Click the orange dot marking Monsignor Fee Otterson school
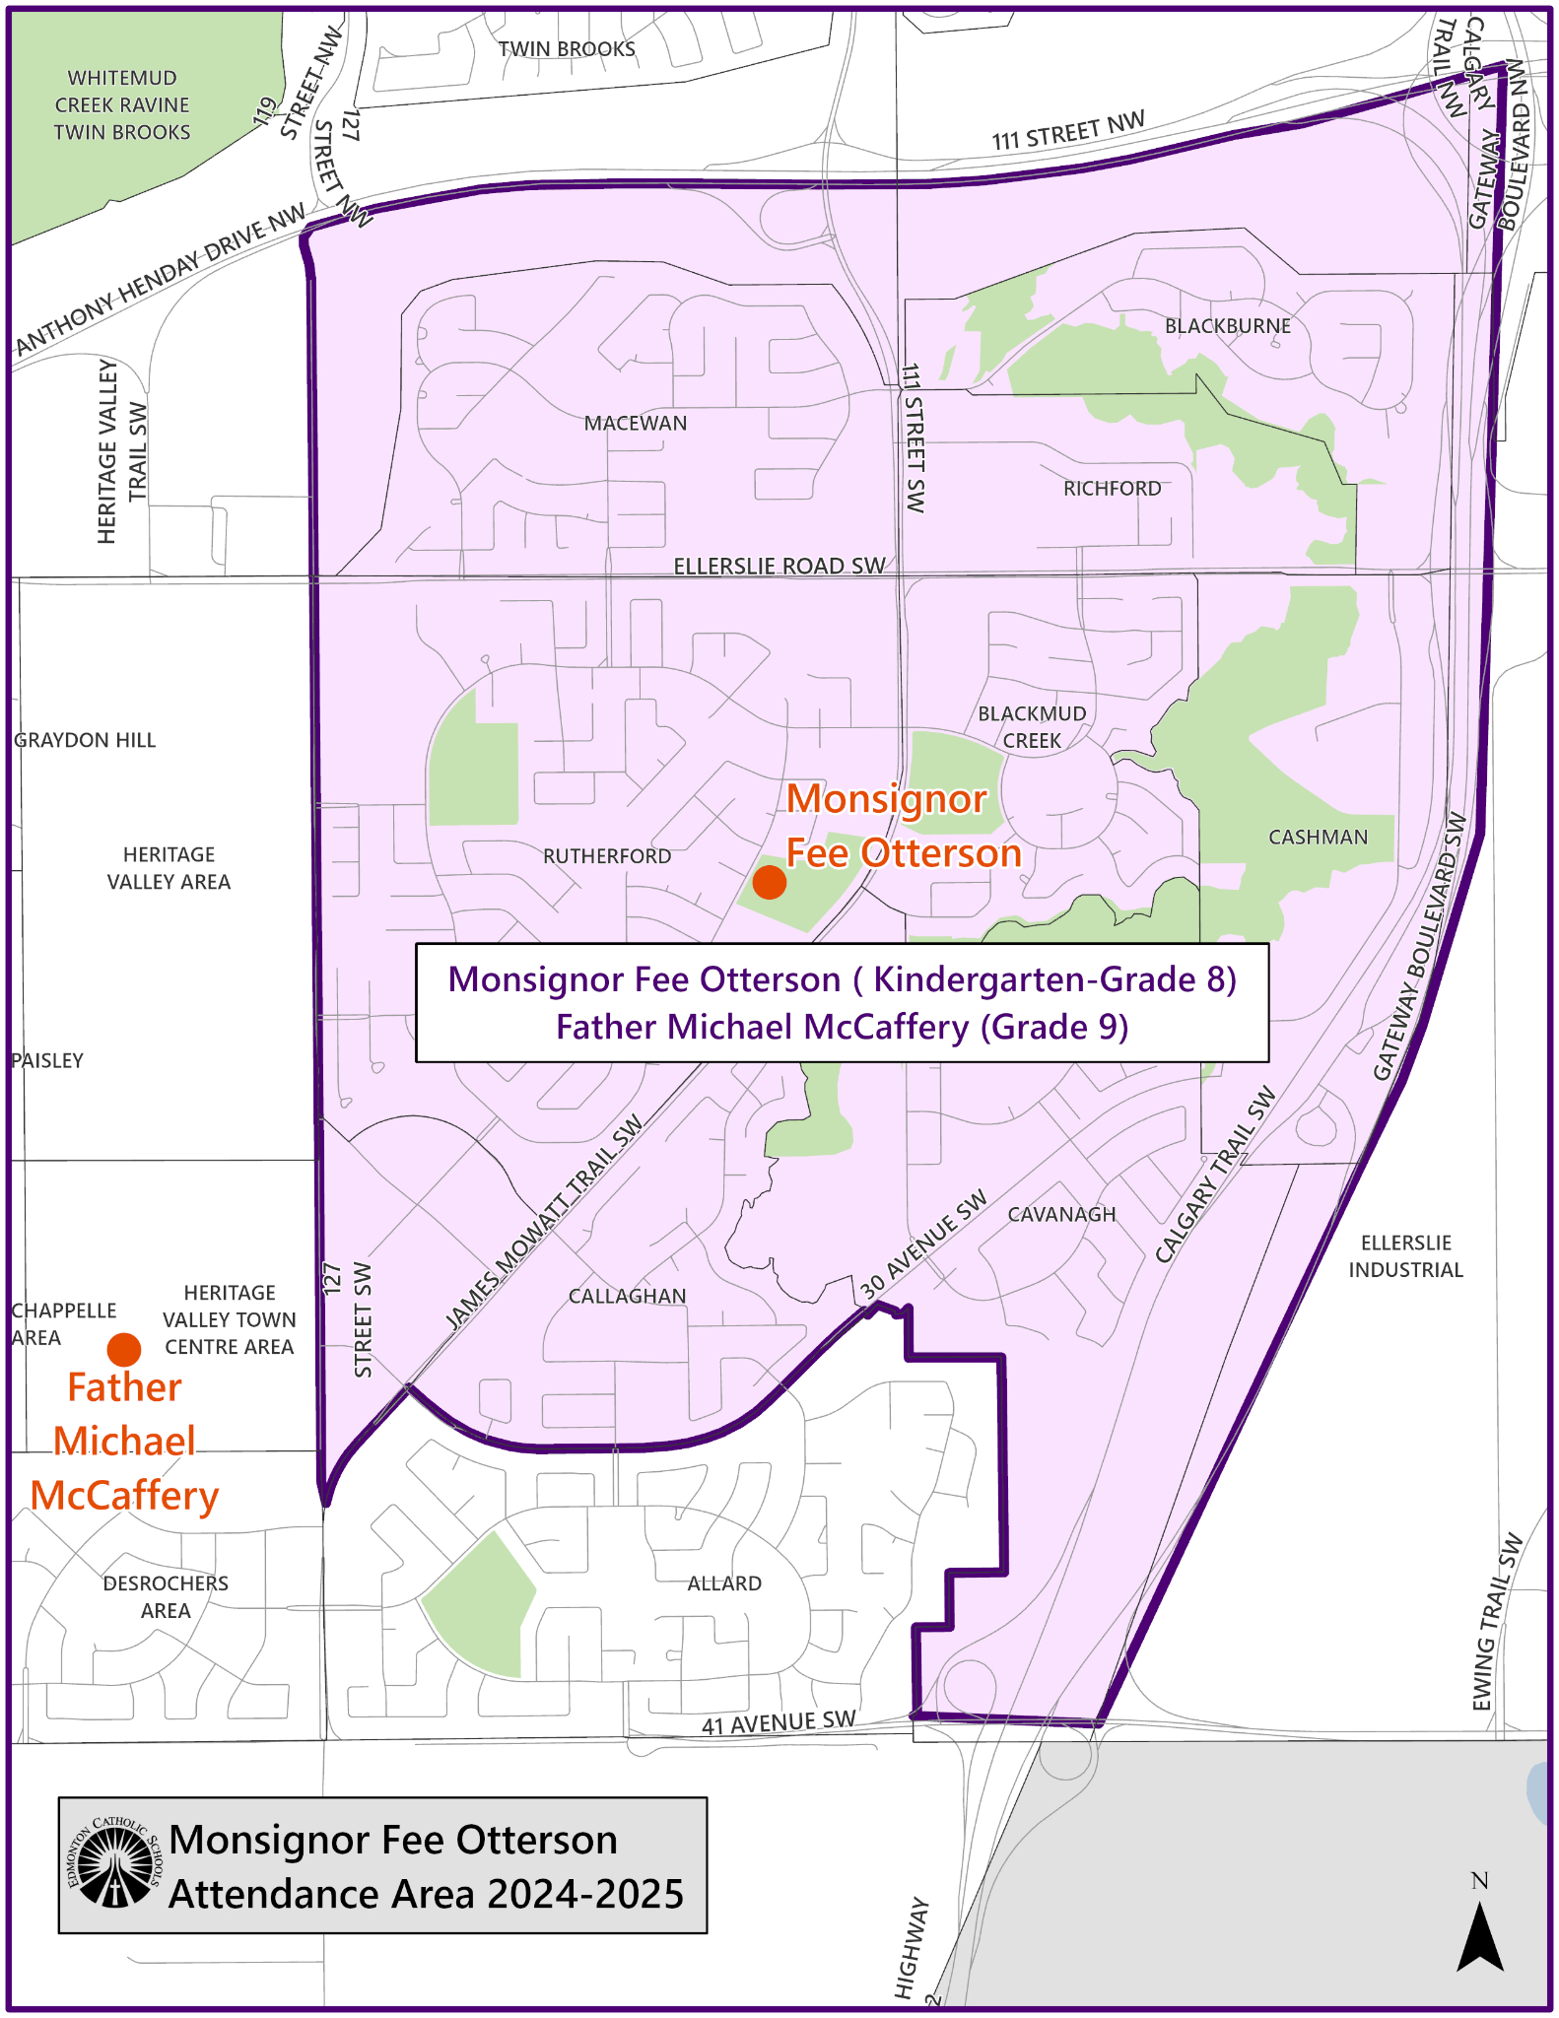(769, 882)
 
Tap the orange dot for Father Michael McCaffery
(124, 1349)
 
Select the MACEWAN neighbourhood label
(636, 424)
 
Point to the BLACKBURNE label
(1227, 326)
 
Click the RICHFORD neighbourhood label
(1112, 489)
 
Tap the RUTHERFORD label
(607, 856)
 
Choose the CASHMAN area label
(1318, 838)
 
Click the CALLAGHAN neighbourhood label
(627, 1297)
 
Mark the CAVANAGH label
(1061, 1215)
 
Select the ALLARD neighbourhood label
(724, 1583)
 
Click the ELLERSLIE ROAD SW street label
(779, 567)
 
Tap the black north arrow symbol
(1479, 1936)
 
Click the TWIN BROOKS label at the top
(567, 49)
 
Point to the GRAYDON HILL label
(85, 741)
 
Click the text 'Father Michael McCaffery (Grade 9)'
(842, 1028)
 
